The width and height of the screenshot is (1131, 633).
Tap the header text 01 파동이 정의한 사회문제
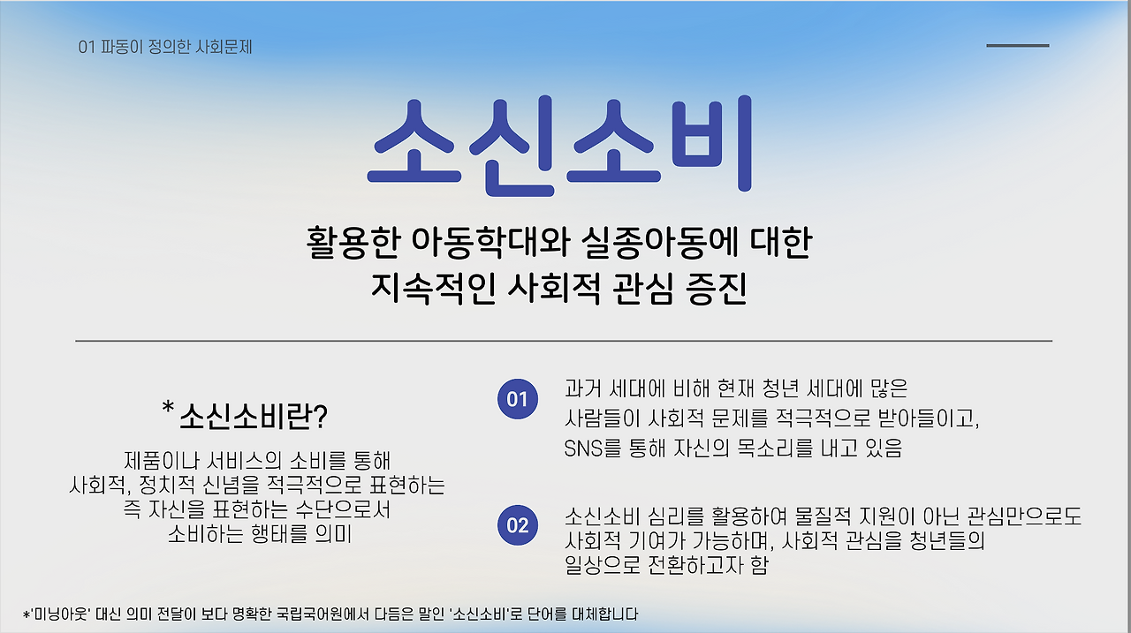coord(165,47)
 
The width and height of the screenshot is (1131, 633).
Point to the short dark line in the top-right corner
coord(1017,45)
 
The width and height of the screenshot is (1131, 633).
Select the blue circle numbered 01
coord(518,400)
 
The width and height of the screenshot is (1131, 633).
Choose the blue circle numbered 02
coord(518,525)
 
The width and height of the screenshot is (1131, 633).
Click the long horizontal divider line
coord(564,340)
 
